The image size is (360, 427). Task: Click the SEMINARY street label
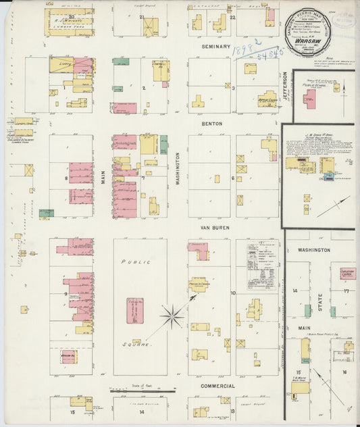(x=216, y=47)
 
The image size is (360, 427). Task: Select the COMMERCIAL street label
(x=217, y=386)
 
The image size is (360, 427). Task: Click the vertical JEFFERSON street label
(x=285, y=89)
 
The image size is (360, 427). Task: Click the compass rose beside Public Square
(x=174, y=314)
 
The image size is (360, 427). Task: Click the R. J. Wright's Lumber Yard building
(x=70, y=22)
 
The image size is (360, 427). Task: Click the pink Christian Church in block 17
(x=347, y=274)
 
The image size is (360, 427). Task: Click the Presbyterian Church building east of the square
(x=199, y=284)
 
